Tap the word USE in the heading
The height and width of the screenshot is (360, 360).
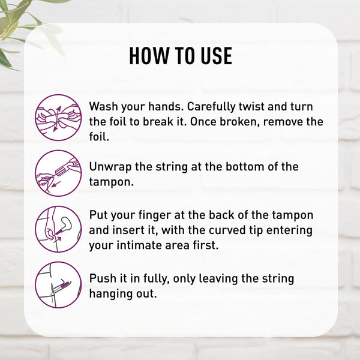(x=217, y=56)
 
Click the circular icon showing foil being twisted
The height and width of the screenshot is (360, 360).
(x=58, y=118)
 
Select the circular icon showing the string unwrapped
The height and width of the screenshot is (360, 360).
(x=58, y=173)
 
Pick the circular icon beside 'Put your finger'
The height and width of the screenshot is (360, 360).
(x=58, y=229)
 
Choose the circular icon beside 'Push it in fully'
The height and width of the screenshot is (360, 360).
(x=58, y=285)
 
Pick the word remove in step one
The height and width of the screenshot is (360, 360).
(x=283, y=122)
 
